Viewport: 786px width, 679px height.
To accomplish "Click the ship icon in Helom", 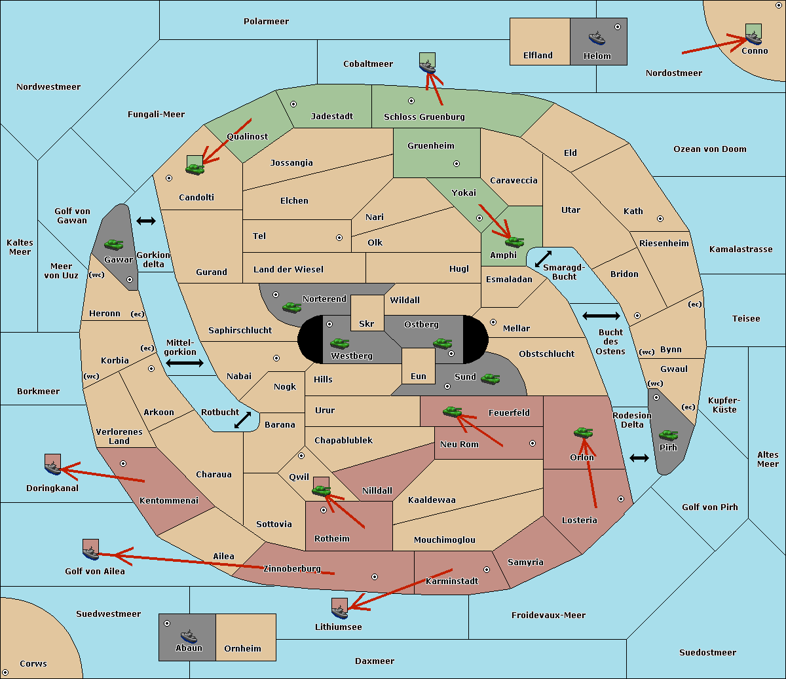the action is (x=597, y=38).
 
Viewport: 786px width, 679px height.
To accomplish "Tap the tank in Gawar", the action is (x=114, y=244).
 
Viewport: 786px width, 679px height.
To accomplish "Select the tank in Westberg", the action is (x=339, y=343).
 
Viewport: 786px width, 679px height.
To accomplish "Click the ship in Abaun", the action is (x=189, y=636).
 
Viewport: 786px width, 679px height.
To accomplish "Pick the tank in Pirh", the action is (x=668, y=435).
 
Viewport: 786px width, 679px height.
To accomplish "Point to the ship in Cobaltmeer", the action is (x=427, y=67).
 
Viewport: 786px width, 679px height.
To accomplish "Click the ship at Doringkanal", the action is (x=52, y=468).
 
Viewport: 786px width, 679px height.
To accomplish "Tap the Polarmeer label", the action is (x=266, y=22).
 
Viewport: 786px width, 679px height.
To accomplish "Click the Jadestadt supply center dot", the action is (x=293, y=104).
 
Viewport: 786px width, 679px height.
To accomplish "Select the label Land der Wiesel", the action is (x=288, y=270).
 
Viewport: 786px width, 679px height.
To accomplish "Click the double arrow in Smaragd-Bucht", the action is (x=543, y=259).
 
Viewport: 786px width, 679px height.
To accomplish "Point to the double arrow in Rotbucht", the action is (x=242, y=420).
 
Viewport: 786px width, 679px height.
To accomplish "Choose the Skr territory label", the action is (x=367, y=323).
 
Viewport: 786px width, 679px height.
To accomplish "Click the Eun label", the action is (x=419, y=376).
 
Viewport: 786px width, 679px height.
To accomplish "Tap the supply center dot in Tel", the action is (x=339, y=238).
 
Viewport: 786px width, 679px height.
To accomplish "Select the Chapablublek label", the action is (x=343, y=440).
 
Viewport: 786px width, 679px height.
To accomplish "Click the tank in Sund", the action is (x=490, y=379).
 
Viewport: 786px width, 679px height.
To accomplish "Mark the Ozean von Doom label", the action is (x=710, y=149).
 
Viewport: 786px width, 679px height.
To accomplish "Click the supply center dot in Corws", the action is (x=5, y=672).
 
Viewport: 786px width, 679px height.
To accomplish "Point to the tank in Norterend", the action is (x=291, y=308).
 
